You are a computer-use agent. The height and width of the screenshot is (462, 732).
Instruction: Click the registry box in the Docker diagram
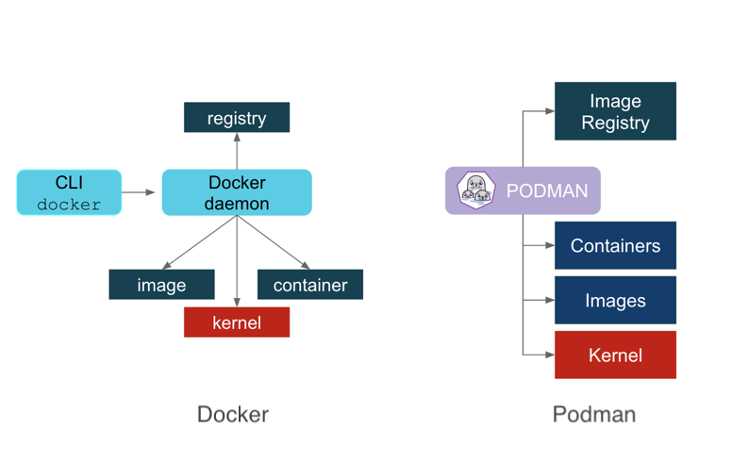coord(236,118)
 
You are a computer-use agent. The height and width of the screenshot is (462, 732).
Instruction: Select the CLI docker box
coord(69,192)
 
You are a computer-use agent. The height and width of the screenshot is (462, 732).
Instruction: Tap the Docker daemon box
coord(237,192)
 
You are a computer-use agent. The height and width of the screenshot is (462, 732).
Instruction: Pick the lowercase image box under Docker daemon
coord(161,285)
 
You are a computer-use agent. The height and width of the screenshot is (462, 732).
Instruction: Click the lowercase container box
coord(309,285)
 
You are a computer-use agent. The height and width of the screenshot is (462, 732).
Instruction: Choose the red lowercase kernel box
coord(236,322)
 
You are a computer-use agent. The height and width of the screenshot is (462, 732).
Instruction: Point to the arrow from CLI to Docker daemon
coord(140,192)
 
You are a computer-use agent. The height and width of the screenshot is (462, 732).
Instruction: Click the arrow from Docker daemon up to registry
coord(237,151)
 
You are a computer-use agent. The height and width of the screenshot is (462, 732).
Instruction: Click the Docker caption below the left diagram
coord(232,415)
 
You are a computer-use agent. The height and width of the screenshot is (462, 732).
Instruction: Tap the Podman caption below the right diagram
coord(593,415)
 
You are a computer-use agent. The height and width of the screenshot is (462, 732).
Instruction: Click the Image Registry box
coord(615,111)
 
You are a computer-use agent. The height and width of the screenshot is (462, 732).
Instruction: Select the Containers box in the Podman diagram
coord(615,246)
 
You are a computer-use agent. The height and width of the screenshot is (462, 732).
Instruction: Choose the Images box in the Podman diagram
coord(615,301)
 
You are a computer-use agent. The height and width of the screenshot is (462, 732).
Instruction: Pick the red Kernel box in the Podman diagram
coord(615,355)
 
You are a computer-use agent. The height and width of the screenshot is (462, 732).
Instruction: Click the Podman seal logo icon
coord(475,190)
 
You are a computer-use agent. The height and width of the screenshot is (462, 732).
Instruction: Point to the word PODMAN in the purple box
coord(546,191)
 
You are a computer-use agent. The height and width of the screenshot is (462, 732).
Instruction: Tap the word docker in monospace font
coord(69,204)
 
